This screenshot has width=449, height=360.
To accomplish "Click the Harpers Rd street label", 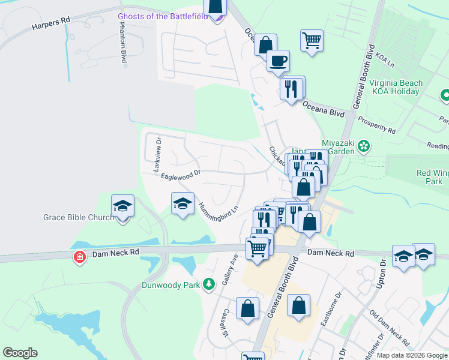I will pyautogui.click(x=51, y=24).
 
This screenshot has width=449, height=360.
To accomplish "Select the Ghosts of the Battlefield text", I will pyautogui.click(x=163, y=16).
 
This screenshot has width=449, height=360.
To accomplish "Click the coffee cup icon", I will pyautogui.click(x=278, y=61).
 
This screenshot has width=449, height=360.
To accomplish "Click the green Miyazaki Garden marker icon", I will pyautogui.click(x=363, y=145).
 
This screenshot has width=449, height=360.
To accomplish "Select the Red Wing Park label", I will pyautogui.click(x=433, y=177).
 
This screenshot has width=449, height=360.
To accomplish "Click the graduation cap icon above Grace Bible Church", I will pyautogui.click(x=123, y=206).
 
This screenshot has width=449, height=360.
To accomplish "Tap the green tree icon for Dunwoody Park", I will pyautogui.click(x=208, y=284).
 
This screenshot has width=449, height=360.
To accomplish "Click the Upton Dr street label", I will pyautogui.click(x=380, y=276).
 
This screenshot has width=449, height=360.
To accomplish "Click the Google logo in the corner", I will pyautogui.click(x=20, y=353).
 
